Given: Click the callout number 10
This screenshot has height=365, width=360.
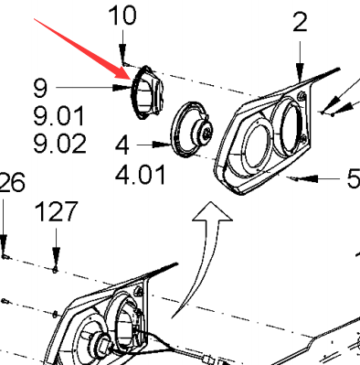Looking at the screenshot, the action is coord(122,16).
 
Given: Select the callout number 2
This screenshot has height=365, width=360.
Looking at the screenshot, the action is coord(300,22).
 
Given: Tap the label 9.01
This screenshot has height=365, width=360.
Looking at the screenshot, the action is coord(58,115).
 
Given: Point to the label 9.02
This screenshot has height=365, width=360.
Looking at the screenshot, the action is coord(59,144).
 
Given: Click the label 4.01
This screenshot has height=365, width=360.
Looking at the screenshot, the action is coord(141,175).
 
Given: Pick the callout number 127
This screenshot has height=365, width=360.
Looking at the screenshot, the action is coord(57,211).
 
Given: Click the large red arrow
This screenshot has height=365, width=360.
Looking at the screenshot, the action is coord(82,48).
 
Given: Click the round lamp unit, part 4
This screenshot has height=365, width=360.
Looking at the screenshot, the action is coord(191,130).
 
